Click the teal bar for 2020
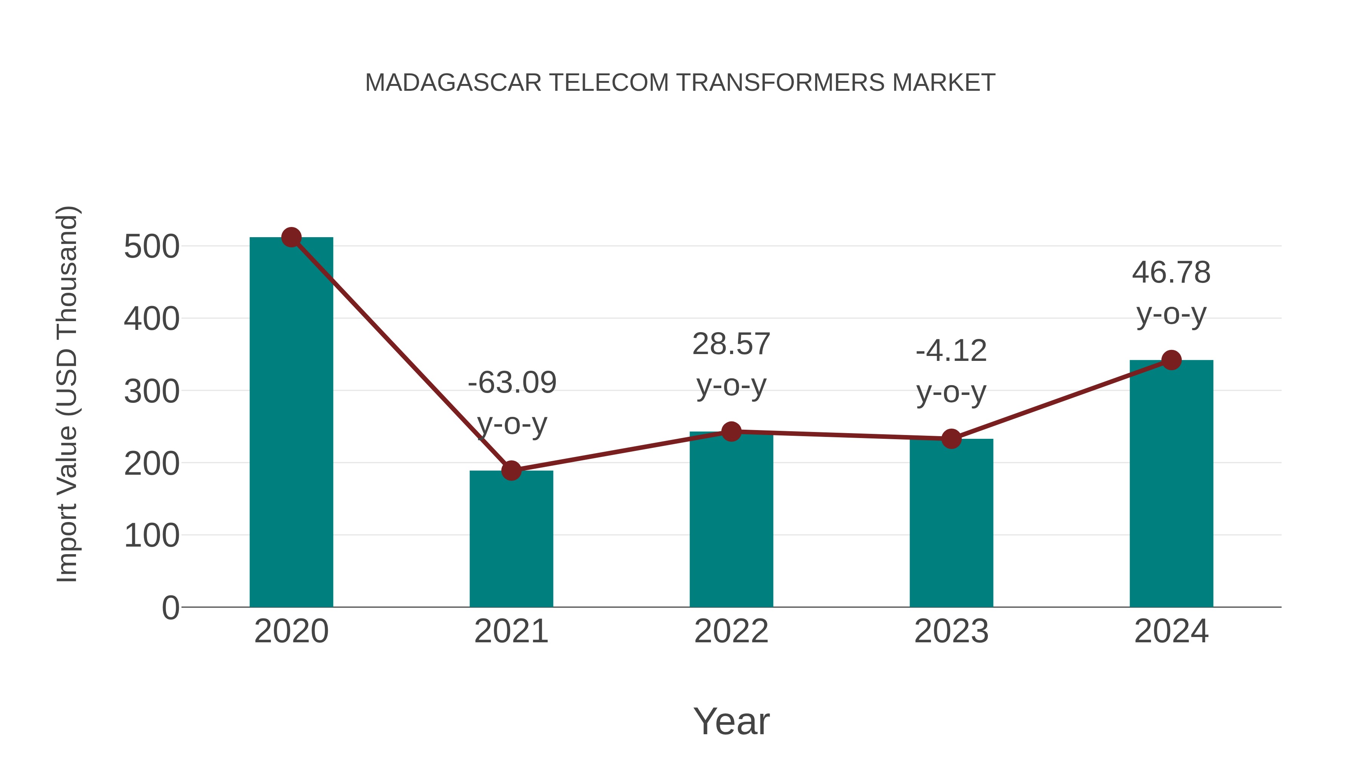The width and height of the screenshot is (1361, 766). (291, 423)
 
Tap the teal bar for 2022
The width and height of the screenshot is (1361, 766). (731, 521)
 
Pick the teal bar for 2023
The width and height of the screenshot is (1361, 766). (951, 524)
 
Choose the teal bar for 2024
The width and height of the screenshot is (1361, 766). (1171, 484)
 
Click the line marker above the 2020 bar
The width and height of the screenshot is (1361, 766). (291, 237)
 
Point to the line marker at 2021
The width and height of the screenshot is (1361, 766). (511, 470)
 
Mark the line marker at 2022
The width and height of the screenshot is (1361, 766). (731, 431)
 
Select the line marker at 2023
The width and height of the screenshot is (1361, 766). (951, 439)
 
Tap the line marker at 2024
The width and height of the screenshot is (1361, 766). (1171, 360)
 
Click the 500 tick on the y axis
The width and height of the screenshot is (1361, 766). (152, 247)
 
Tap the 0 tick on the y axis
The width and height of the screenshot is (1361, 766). (170, 608)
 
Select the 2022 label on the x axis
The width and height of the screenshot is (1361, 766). (731, 631)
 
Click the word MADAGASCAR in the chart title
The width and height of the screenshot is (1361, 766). (453, 83)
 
